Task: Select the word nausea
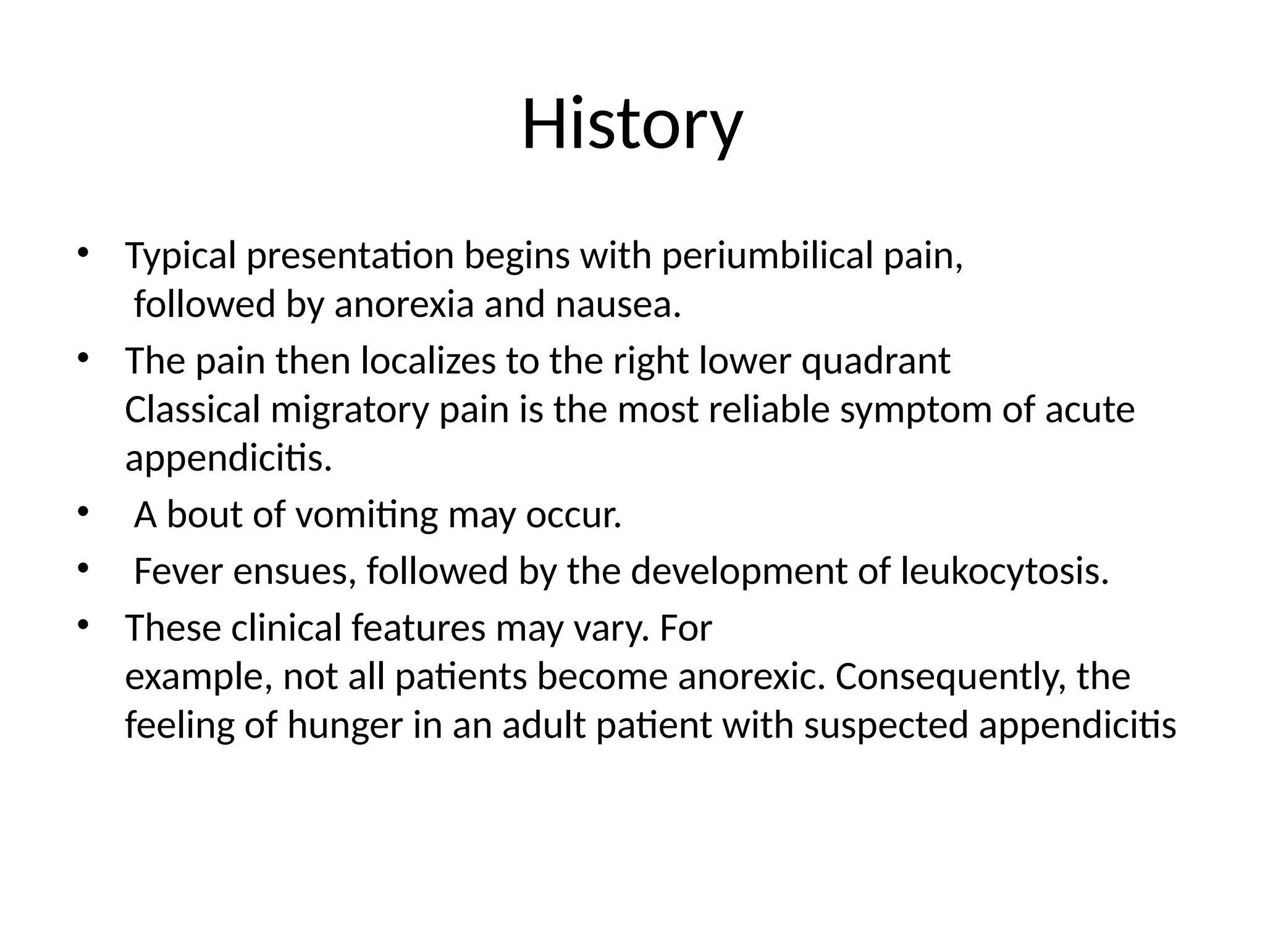(x=617, y=305)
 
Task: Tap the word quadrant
(x=875, y=361)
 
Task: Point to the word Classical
(x=193, y=410)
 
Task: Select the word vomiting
(x=366, y=515)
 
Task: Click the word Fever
(x=178, y=571)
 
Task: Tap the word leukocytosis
(x=1005, y=572)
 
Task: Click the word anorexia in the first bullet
(x=403, y=305)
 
